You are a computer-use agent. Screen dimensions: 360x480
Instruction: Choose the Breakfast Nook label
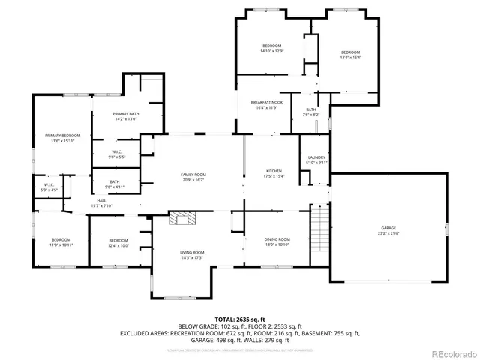(x=263, y=106)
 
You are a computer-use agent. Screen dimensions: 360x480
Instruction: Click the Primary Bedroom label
(x=62, y=137)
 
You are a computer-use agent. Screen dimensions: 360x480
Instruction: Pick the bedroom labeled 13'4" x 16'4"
(x=350, y=55)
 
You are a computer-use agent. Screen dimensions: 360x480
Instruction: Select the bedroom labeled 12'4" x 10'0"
(x=118, y=242)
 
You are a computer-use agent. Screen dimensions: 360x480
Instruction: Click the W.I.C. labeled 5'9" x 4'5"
(x=48, y=187)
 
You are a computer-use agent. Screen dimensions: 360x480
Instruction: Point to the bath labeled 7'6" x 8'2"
(x=310, y=112)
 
